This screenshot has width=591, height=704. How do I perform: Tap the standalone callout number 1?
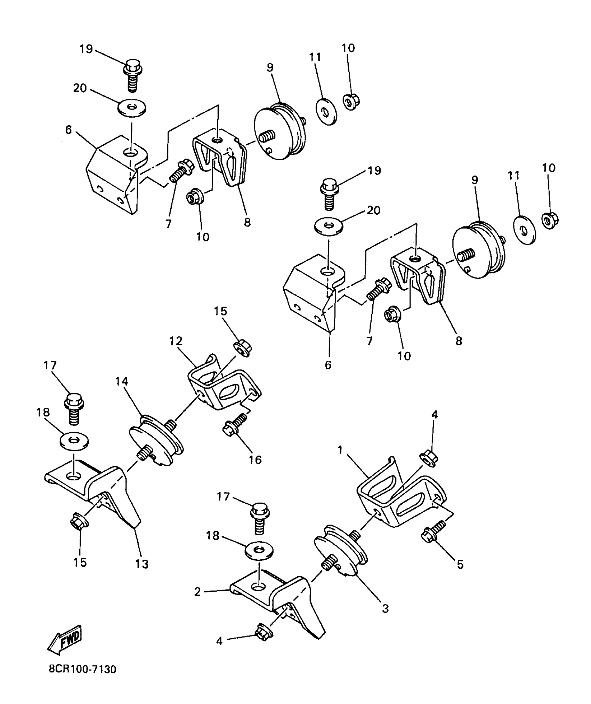(340, 450)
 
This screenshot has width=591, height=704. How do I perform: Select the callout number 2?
(197, 592)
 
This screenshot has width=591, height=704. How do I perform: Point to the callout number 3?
(385, 608)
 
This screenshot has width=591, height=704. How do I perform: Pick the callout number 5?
(460, 565)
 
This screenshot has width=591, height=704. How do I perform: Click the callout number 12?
(176, 341)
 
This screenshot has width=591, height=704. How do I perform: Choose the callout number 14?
(122, 382)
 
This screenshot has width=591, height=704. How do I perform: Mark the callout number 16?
(255, 460)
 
